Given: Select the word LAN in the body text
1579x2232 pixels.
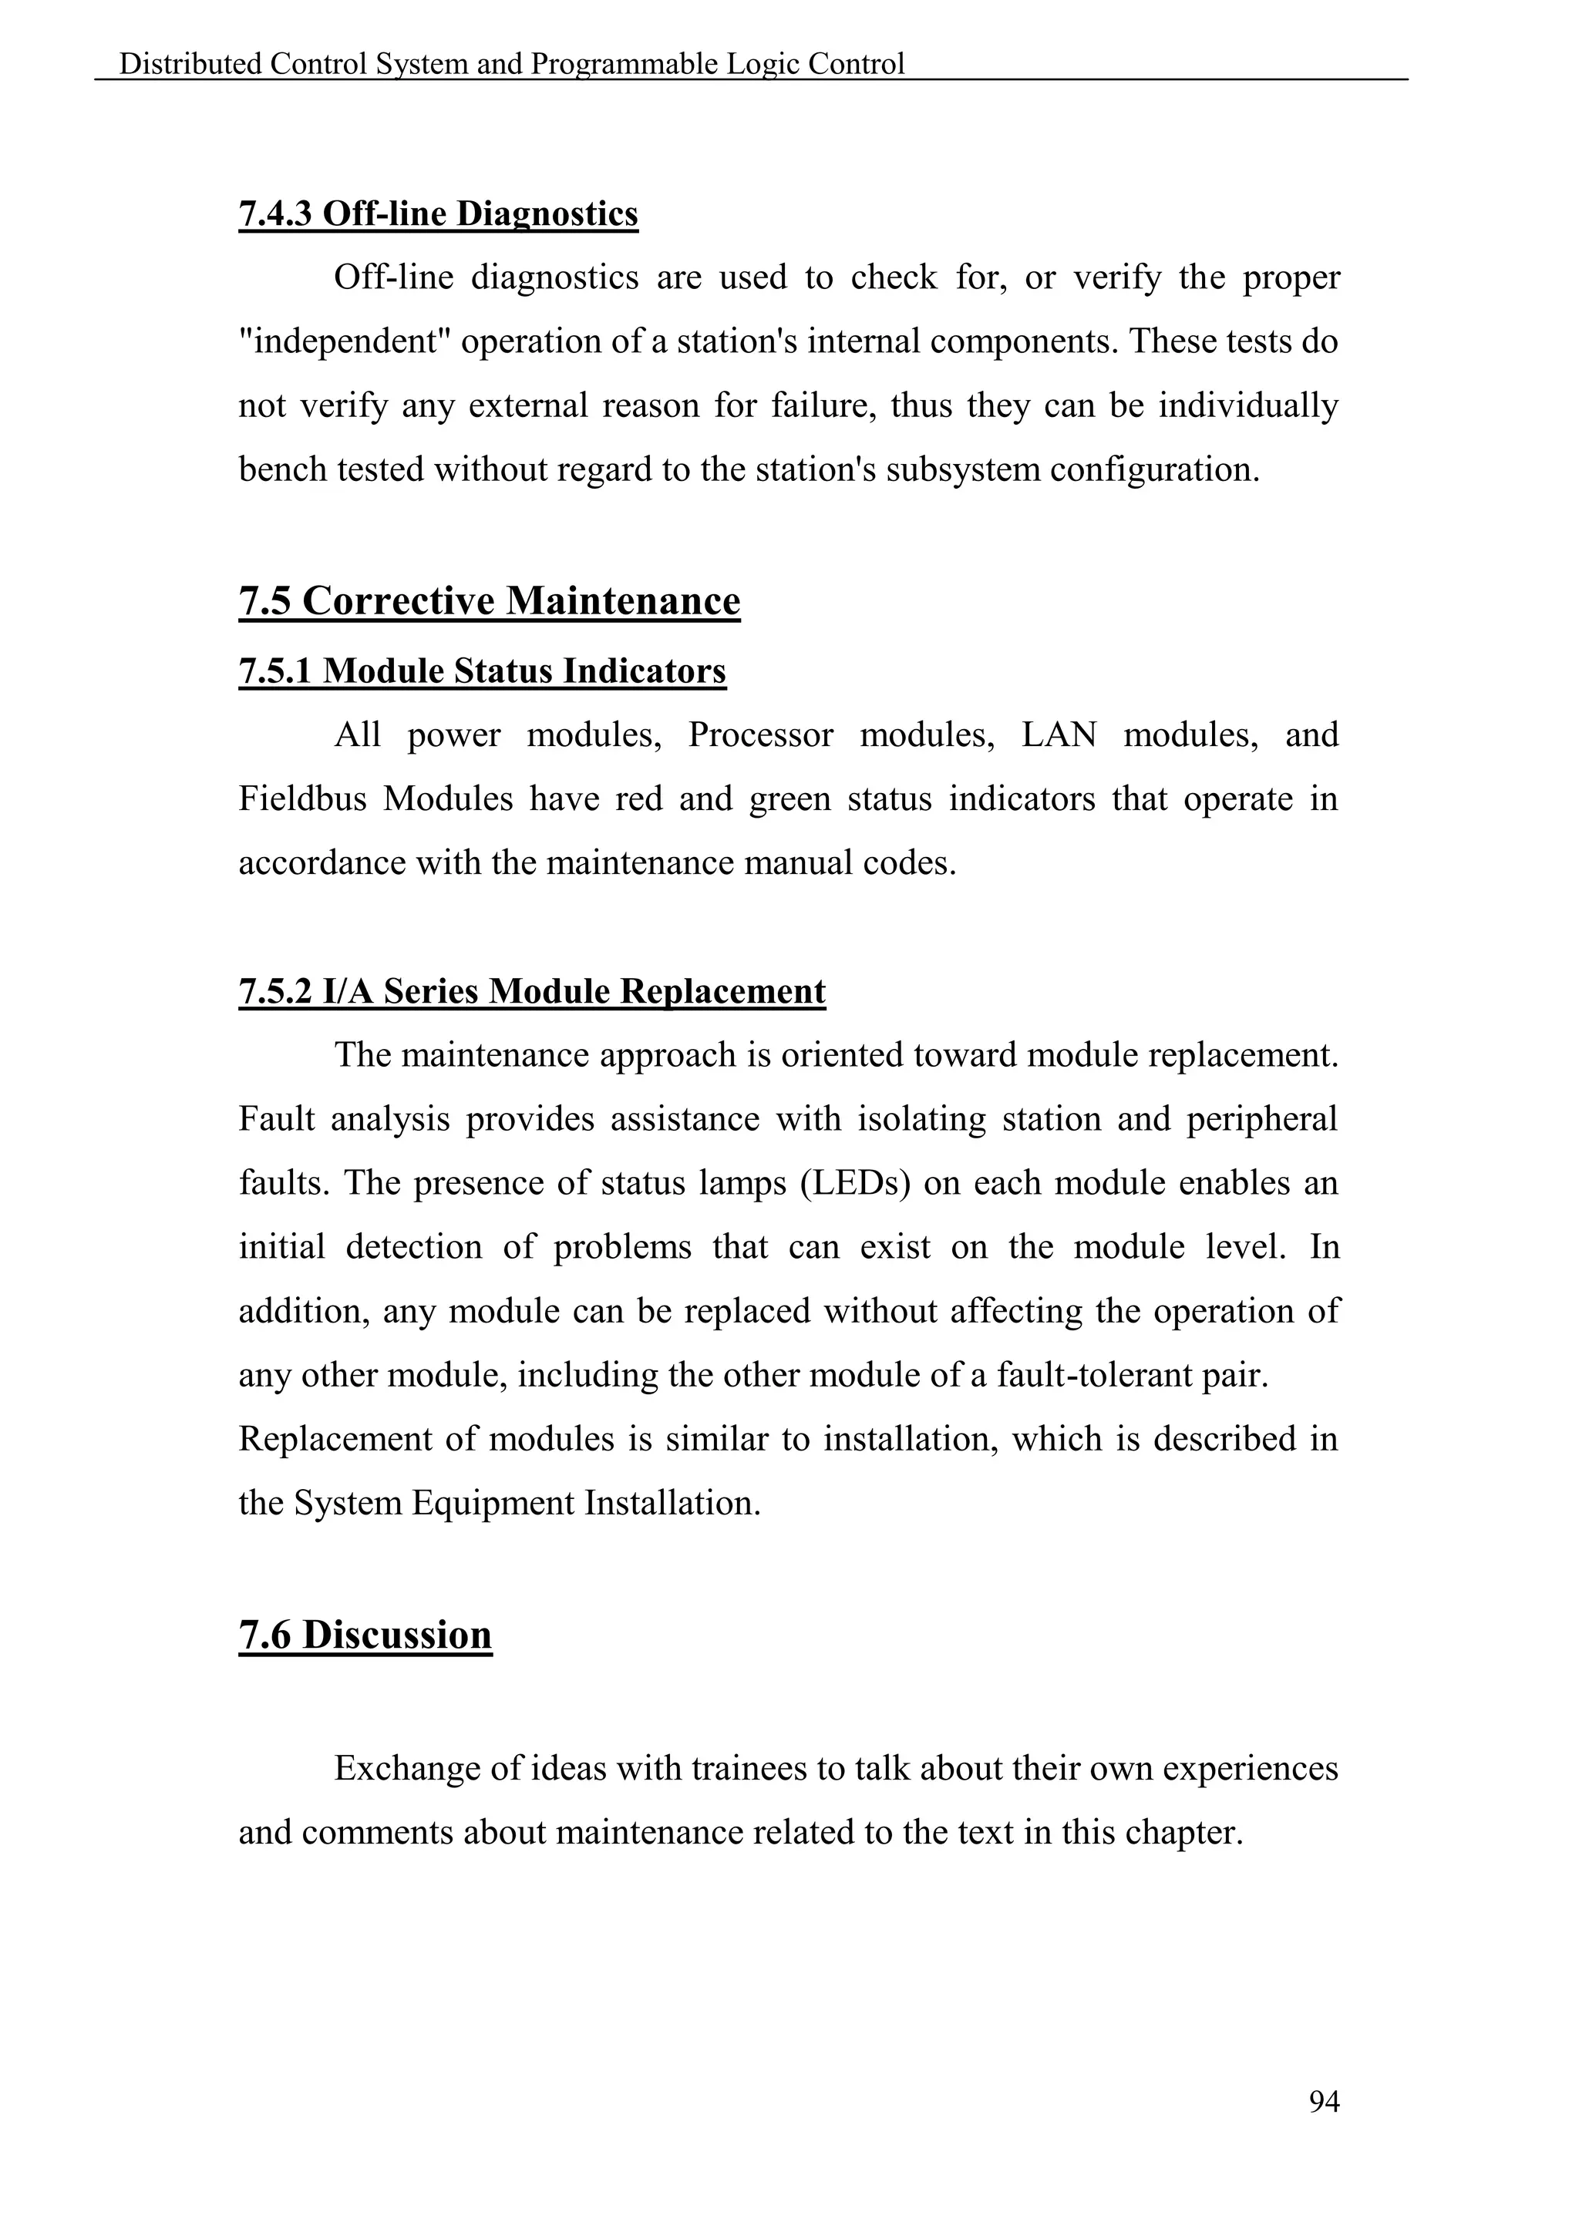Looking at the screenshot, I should coord(1058,735).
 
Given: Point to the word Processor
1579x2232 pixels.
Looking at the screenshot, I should coord(760,735).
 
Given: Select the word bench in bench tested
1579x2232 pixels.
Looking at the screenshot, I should coord(282,470).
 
